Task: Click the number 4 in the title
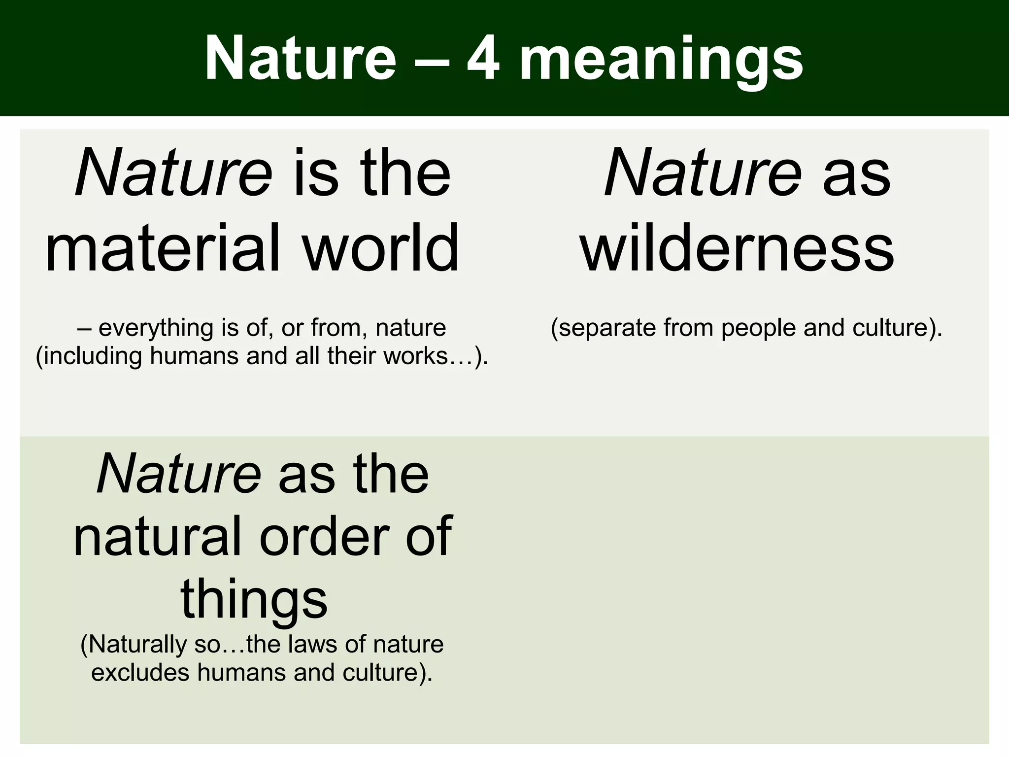(483, 59)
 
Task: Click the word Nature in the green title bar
(300, 59)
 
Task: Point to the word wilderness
(738, 248)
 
